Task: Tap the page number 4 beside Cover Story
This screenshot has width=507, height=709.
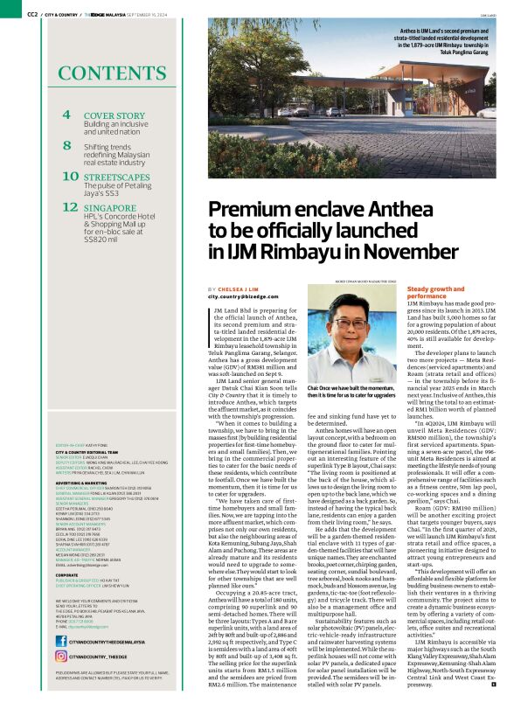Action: tap(67, 116)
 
